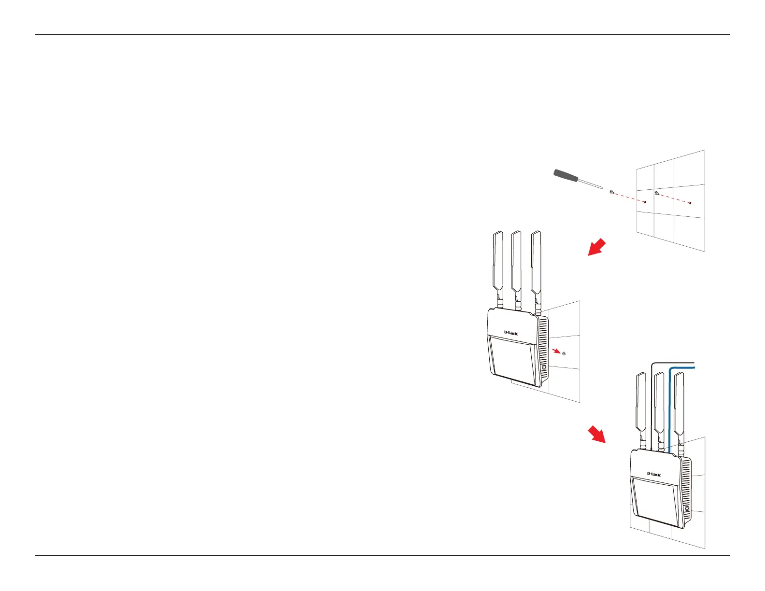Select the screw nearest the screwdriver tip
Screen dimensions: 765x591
pos(612,192)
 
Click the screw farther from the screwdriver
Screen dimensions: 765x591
pos(656,194)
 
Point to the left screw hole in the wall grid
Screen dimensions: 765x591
pos(645,202)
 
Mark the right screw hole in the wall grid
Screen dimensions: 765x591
pos(690,203)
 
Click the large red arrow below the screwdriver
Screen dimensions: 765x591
pos(596,247)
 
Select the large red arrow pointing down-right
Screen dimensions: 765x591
pos(597,434)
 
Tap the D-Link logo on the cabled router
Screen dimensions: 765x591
pos(653,474)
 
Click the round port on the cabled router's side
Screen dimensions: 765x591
pos(687,509)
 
